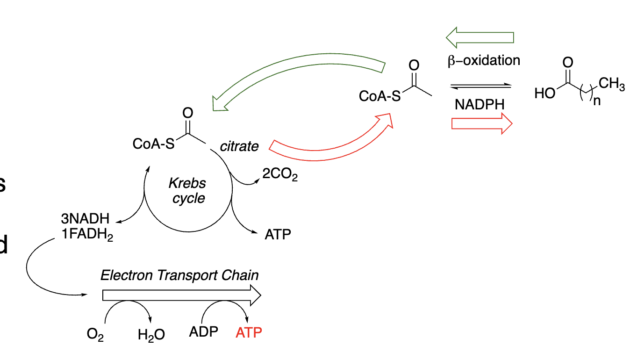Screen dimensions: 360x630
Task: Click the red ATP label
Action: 249,333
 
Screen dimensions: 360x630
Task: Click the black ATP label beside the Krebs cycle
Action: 278,234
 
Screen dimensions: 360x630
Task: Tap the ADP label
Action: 204,332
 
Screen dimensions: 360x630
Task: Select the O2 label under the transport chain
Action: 95,335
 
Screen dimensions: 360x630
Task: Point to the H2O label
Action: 151,335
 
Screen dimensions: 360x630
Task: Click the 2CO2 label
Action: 279,174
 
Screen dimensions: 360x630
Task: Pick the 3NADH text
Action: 85,218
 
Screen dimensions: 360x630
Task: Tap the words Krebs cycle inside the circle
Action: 188,190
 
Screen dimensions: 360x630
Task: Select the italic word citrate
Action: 239,146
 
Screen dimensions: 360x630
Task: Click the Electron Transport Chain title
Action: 179,275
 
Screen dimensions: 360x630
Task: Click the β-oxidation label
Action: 483,60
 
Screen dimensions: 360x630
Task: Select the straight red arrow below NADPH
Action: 481,123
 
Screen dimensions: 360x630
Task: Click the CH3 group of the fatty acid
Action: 611,85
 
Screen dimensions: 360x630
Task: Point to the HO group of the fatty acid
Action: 545,94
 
